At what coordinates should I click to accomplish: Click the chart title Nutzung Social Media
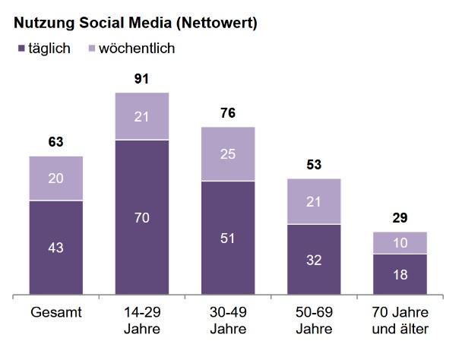click(135, 23)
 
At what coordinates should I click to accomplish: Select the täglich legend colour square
click(21, 49)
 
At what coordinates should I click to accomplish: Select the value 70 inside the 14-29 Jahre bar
click(141, 218)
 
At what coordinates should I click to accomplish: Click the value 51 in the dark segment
click(227, 238)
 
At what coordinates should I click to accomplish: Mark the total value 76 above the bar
click(227, 113)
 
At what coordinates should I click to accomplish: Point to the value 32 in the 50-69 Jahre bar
click(313, 259)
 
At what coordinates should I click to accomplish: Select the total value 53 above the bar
click(313, 164)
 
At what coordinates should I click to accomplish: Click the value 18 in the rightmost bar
click(400, 274)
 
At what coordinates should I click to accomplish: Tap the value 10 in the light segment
click(400, 242)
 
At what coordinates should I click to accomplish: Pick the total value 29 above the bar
click(400, 218)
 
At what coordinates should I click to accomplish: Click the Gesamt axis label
click(55, 313)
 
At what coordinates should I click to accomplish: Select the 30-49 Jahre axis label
click(227, 321)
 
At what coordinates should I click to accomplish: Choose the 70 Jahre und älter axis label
click(400, 321)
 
